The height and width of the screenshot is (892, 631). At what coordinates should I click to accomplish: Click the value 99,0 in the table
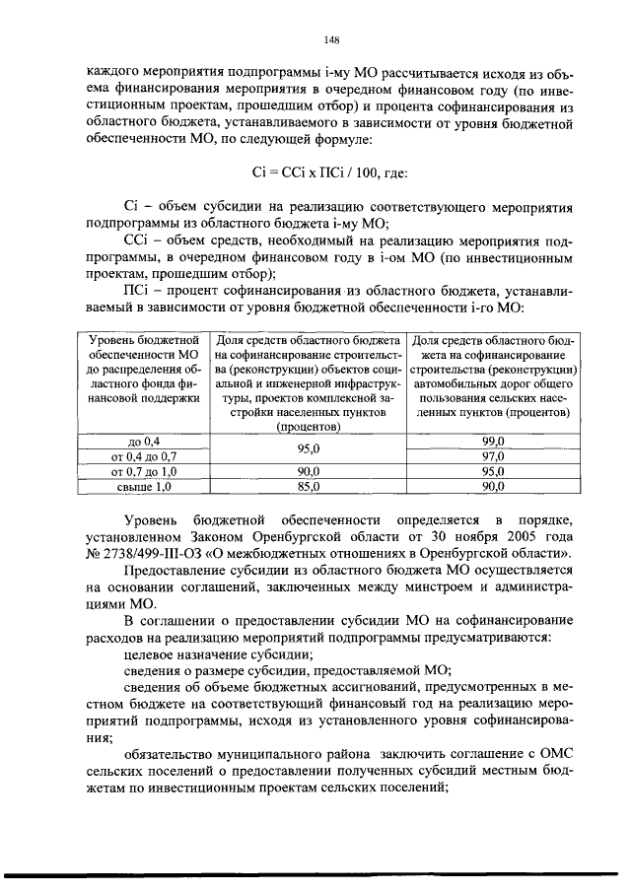pyautogui.click(x=493, y=442)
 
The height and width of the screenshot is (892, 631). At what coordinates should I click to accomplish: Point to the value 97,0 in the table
pyautogui.click(x=493, y=456)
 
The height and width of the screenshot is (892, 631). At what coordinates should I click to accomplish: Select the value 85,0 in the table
pyautogui.click(x=309, y=486)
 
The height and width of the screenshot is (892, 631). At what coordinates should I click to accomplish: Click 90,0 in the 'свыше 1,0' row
pyautogui.click(x=493, y=486)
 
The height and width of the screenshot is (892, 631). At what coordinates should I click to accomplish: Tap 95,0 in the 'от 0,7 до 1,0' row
pyautogui.click(x=493, y=471)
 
